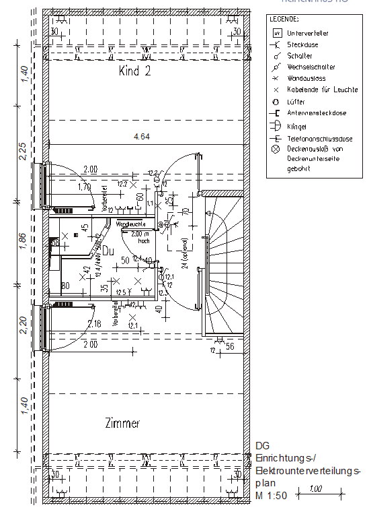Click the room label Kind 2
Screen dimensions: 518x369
pos(134,71)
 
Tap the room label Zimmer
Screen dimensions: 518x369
pos(122,424)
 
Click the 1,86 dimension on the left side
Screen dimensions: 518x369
pos(23,241)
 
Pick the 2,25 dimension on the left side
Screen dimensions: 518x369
pos(23,152)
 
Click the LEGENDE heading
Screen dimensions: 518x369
pos(284,20)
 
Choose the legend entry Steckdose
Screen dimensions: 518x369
pos(302,44)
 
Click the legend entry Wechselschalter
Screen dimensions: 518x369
pos(310,67)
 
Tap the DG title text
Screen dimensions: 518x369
pos(262,445)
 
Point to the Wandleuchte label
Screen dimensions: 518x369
pos(130,224)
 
